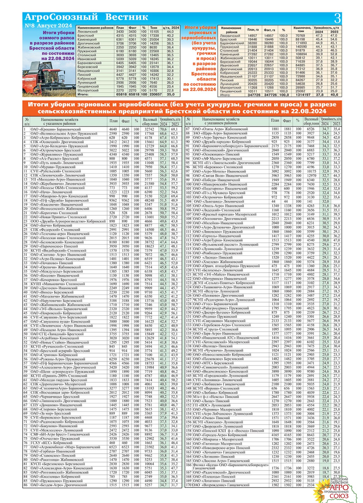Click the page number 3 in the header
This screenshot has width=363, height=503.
[x=337, y=18]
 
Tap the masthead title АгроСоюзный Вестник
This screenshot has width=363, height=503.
[x=86, y=17]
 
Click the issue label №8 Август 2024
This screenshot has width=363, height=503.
[x=48, y=26]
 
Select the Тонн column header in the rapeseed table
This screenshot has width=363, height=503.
[x=154, y=28]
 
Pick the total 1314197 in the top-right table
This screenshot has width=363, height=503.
[x=302, y=95]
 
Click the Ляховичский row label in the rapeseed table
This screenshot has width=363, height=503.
[x=87, y=32]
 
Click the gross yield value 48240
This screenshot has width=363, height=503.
[x=149, y=200]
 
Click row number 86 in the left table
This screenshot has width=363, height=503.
[x=26, y=485]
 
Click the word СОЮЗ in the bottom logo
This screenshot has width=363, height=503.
[x=339, y=496]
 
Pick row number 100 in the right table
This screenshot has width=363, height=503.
[x=188, y=184]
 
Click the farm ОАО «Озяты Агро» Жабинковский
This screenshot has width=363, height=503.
[x=220, y=129]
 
